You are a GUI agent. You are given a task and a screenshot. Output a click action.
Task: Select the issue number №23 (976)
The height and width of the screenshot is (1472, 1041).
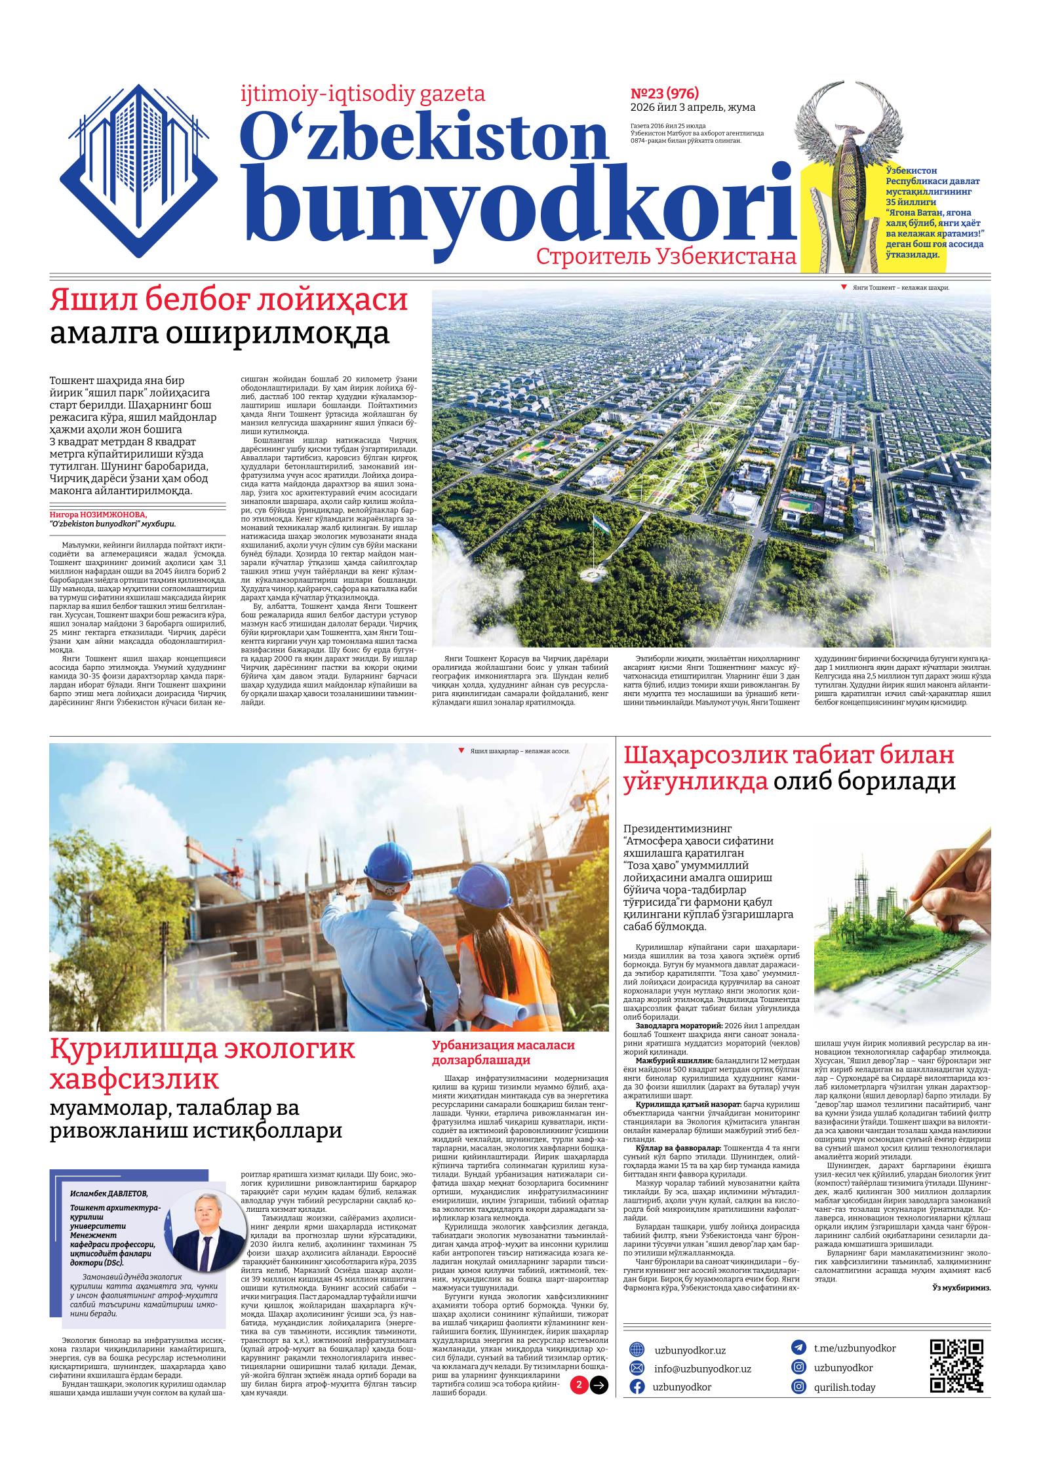tap(664, 93)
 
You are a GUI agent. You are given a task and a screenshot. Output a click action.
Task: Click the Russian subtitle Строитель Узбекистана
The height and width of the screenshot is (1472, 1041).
tap(666, 257)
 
